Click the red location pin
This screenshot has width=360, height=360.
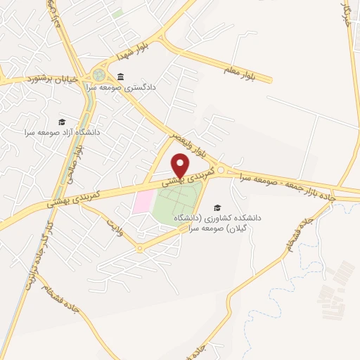[181, 163]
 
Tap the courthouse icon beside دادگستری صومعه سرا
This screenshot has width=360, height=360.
[121, 77]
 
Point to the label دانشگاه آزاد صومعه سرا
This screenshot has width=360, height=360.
[63, 132]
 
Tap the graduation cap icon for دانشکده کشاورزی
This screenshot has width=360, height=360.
[217, 207]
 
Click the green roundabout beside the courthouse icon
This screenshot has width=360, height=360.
[99, 75]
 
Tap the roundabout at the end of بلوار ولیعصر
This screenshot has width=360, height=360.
[221, 170]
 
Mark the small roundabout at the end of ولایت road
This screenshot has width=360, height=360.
[139, 248]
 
